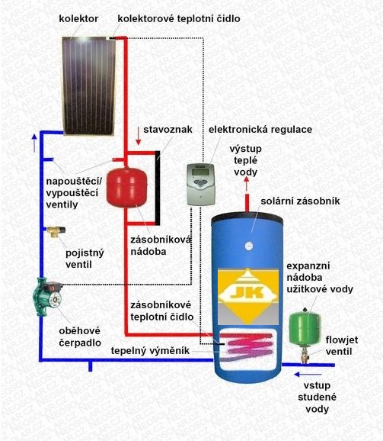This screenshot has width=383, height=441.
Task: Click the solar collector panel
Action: tap(88, 85)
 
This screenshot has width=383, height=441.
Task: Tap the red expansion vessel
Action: tap(126, 187)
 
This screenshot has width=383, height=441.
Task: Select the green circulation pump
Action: tap(47, 297)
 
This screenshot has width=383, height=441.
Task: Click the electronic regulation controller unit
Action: tap(202, 184)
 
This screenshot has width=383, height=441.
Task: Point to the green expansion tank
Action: tap(305, 327)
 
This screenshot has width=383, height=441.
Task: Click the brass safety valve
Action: tap(56, 231)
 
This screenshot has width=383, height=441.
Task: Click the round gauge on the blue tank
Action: tap(248, 246)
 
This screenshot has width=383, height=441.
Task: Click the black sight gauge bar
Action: tap(158, 188)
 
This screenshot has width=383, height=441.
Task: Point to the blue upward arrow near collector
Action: tap(34, 143)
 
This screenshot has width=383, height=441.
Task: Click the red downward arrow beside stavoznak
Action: tap(138, 136)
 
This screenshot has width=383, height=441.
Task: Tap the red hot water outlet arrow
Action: tap(247, 184)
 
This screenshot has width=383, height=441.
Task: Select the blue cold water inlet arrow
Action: tap(308, 375)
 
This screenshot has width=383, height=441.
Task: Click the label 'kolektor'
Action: tap(78, 19)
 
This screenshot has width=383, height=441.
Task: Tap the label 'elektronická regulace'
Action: tap(260, 130)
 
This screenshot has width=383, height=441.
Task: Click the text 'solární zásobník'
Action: tap(300, 201)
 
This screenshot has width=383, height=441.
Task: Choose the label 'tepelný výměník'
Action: tap(150, 351)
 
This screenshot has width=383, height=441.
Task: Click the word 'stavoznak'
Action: tap(168, 130)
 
